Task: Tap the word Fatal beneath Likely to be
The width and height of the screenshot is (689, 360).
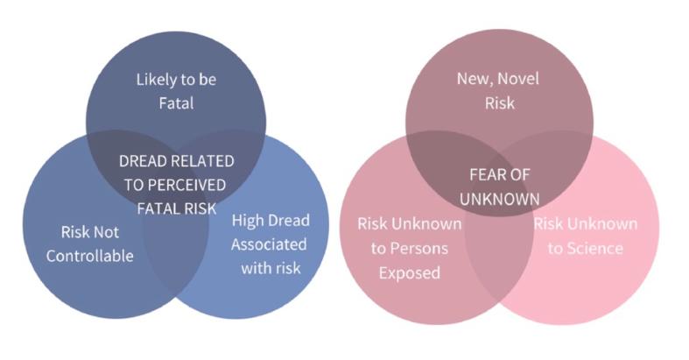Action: pyautogui.click(x=176, y=103)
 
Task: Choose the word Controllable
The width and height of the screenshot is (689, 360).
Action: pyautogui.click(x=89, y=256)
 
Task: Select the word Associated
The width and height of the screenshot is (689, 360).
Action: pyautogui.click(x=269, y=244)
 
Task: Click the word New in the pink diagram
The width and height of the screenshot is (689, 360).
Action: pyautogui.click(x=472, y=79)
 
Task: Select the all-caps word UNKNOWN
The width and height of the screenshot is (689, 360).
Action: pyautogui.click(x=500, y=199)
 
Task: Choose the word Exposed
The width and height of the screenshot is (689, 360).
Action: pyautogui.click(x=410, y=273)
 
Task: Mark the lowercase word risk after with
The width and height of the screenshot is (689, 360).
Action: pyautogui.click(x=288, y=268)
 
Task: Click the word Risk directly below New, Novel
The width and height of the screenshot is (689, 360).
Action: pyautogui.click(x=500, y=102)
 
